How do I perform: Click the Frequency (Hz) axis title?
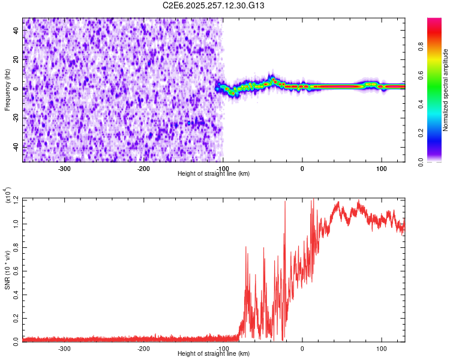(x=7, y=90)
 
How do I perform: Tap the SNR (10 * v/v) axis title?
(x=7, y=270)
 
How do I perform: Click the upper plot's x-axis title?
(x=214, y=173)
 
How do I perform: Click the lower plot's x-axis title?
(x=214, y=353)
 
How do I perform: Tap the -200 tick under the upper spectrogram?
(x=143, y=169)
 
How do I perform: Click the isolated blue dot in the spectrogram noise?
(x=189, y=123)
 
